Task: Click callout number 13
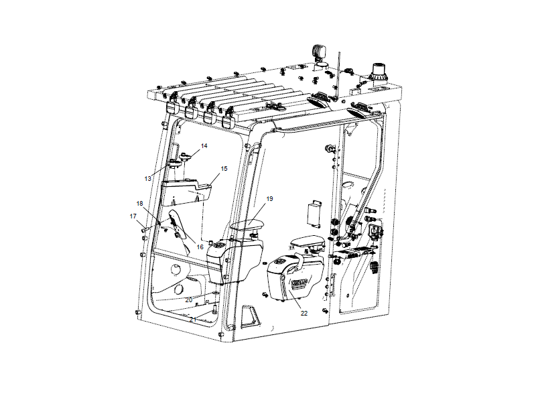point(148,179)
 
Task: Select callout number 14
point(204,145)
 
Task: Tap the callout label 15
point(224,168)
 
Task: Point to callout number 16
point(199,247)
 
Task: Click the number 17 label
point(133,216)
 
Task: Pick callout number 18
point(140,203)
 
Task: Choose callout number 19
point(269,199)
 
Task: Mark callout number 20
point(189,299)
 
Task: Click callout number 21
point(192,320)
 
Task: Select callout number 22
point(304,313)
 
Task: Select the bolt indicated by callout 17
point(144,229)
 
